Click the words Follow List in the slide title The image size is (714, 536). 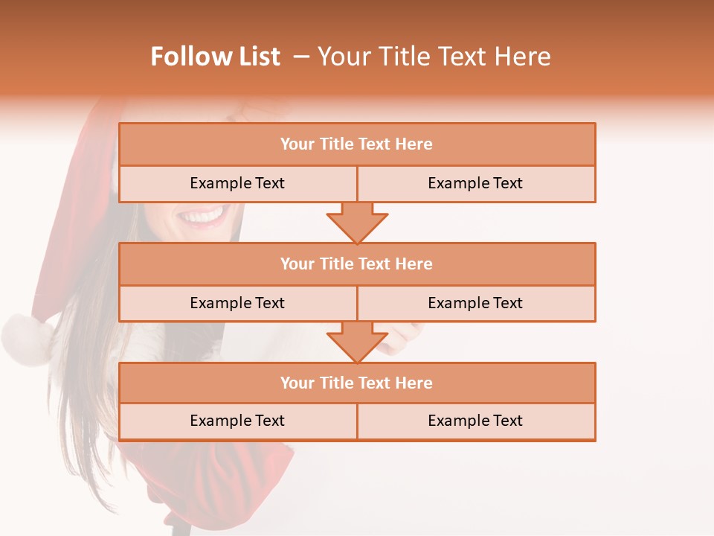tap(215, 57)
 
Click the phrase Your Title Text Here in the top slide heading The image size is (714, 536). tap(434, 57)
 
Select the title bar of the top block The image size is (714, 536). tap(357, 144)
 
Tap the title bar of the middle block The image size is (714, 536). tap(357, 264)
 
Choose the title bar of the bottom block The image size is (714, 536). tap(357, 383)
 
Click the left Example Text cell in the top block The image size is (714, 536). tap(237, 183)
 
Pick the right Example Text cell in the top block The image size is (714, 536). tap(476, 183)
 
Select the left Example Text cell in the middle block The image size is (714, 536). tap(237, 303)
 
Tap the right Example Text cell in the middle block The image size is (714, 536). tap(476, 303)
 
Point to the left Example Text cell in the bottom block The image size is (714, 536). tap(237, 421)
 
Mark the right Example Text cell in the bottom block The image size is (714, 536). tap(476, 421)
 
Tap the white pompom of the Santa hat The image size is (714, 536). tap(27, 339)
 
